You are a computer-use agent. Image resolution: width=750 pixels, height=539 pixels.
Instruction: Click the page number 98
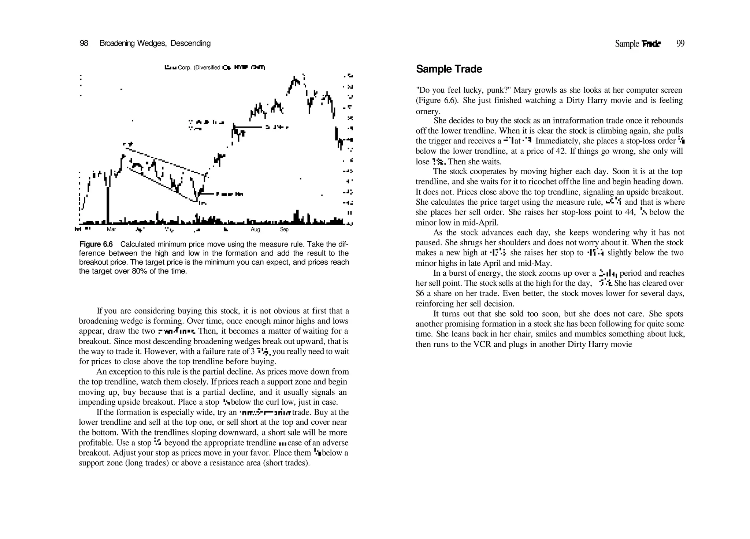[84, 43]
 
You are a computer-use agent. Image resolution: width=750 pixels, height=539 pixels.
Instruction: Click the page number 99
[680, 44]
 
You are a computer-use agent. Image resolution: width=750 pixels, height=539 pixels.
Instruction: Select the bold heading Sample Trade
[449, 69]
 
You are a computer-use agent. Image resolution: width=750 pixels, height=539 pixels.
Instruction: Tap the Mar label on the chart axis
[111, 229]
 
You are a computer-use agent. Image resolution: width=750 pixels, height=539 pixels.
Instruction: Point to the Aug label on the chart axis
[255, 229]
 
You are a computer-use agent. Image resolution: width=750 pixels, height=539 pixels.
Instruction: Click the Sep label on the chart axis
[284, 229]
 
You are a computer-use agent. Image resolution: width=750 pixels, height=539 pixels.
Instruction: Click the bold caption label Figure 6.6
[96, 244]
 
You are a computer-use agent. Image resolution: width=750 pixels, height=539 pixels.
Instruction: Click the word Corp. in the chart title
[185, 67]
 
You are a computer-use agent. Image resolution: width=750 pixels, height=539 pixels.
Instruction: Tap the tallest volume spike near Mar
[108, 205]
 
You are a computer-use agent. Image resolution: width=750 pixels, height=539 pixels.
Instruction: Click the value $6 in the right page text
[420, 293]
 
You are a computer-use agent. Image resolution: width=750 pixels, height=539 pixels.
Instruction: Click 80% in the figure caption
[139, 271]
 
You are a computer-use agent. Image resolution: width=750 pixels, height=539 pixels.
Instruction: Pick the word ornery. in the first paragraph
[428, 111]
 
